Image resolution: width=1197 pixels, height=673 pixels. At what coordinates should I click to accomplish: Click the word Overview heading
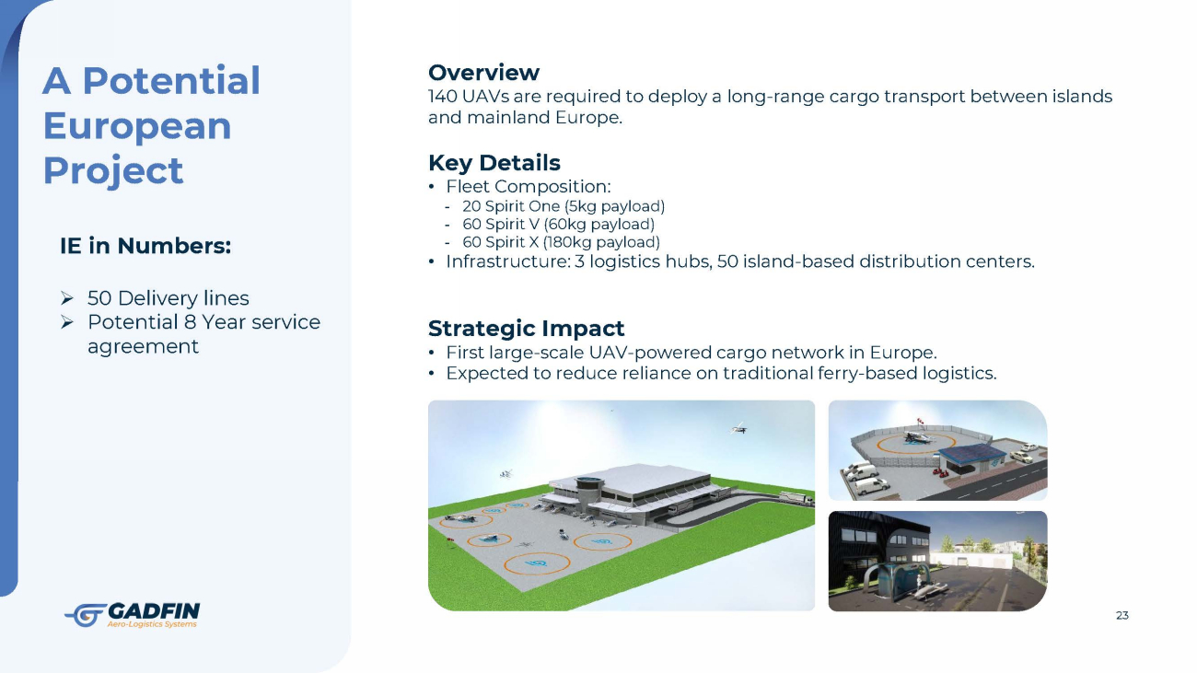click(483, 72)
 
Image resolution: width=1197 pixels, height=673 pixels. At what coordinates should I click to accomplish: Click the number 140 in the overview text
click(442, 96)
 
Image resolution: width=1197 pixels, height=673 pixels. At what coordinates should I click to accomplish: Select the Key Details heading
click(494, 163)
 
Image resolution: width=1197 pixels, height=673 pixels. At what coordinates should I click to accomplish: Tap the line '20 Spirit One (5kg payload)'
click(564, 206)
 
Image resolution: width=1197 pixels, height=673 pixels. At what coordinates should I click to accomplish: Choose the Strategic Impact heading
click(527, 329)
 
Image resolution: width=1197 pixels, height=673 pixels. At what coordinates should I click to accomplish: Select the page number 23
click(1122, 615)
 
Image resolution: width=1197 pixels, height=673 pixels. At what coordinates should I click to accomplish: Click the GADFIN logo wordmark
click(154, 610)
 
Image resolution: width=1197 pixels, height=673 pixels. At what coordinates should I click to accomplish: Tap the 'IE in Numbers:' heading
click(145, 246)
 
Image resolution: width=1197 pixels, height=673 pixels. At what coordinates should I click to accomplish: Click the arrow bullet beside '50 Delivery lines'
click(67, 298)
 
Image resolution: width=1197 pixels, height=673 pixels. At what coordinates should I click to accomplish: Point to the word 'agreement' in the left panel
click(143, 347)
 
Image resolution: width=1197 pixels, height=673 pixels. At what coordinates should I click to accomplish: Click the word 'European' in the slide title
click(137, 126)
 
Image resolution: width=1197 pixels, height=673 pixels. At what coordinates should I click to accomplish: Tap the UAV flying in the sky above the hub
click(739, 428)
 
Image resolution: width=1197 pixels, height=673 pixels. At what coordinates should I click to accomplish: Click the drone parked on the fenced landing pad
click(917, 438)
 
